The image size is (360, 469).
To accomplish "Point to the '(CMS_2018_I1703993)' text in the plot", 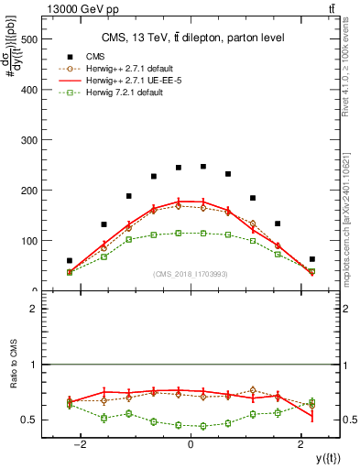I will click(x=190, y=274).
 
